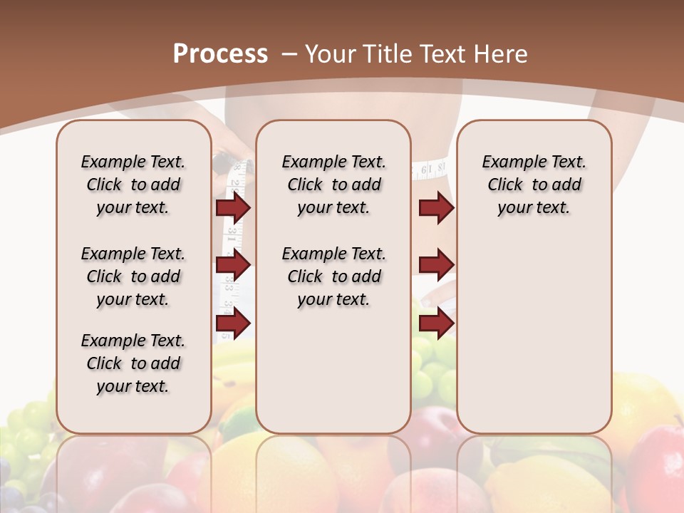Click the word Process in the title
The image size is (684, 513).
tap(220, 53)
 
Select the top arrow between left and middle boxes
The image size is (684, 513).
tap(233, 207)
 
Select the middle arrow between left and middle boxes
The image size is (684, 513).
tap(233, 265)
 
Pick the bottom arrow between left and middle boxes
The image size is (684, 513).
tap(233, 323)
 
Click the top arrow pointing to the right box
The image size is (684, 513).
tap(436, 207)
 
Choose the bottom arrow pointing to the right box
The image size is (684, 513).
tap(436, 323)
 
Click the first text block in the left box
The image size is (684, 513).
tap(133, 185)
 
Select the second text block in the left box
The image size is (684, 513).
tap(133, 276)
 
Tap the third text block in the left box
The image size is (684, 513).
tap(133, 363)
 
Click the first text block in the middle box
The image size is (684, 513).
tap(334, 185)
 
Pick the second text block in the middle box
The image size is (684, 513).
tap(334, 276)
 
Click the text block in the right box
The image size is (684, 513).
tap(534, 185)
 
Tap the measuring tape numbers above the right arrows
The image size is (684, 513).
tap(432, 170)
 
